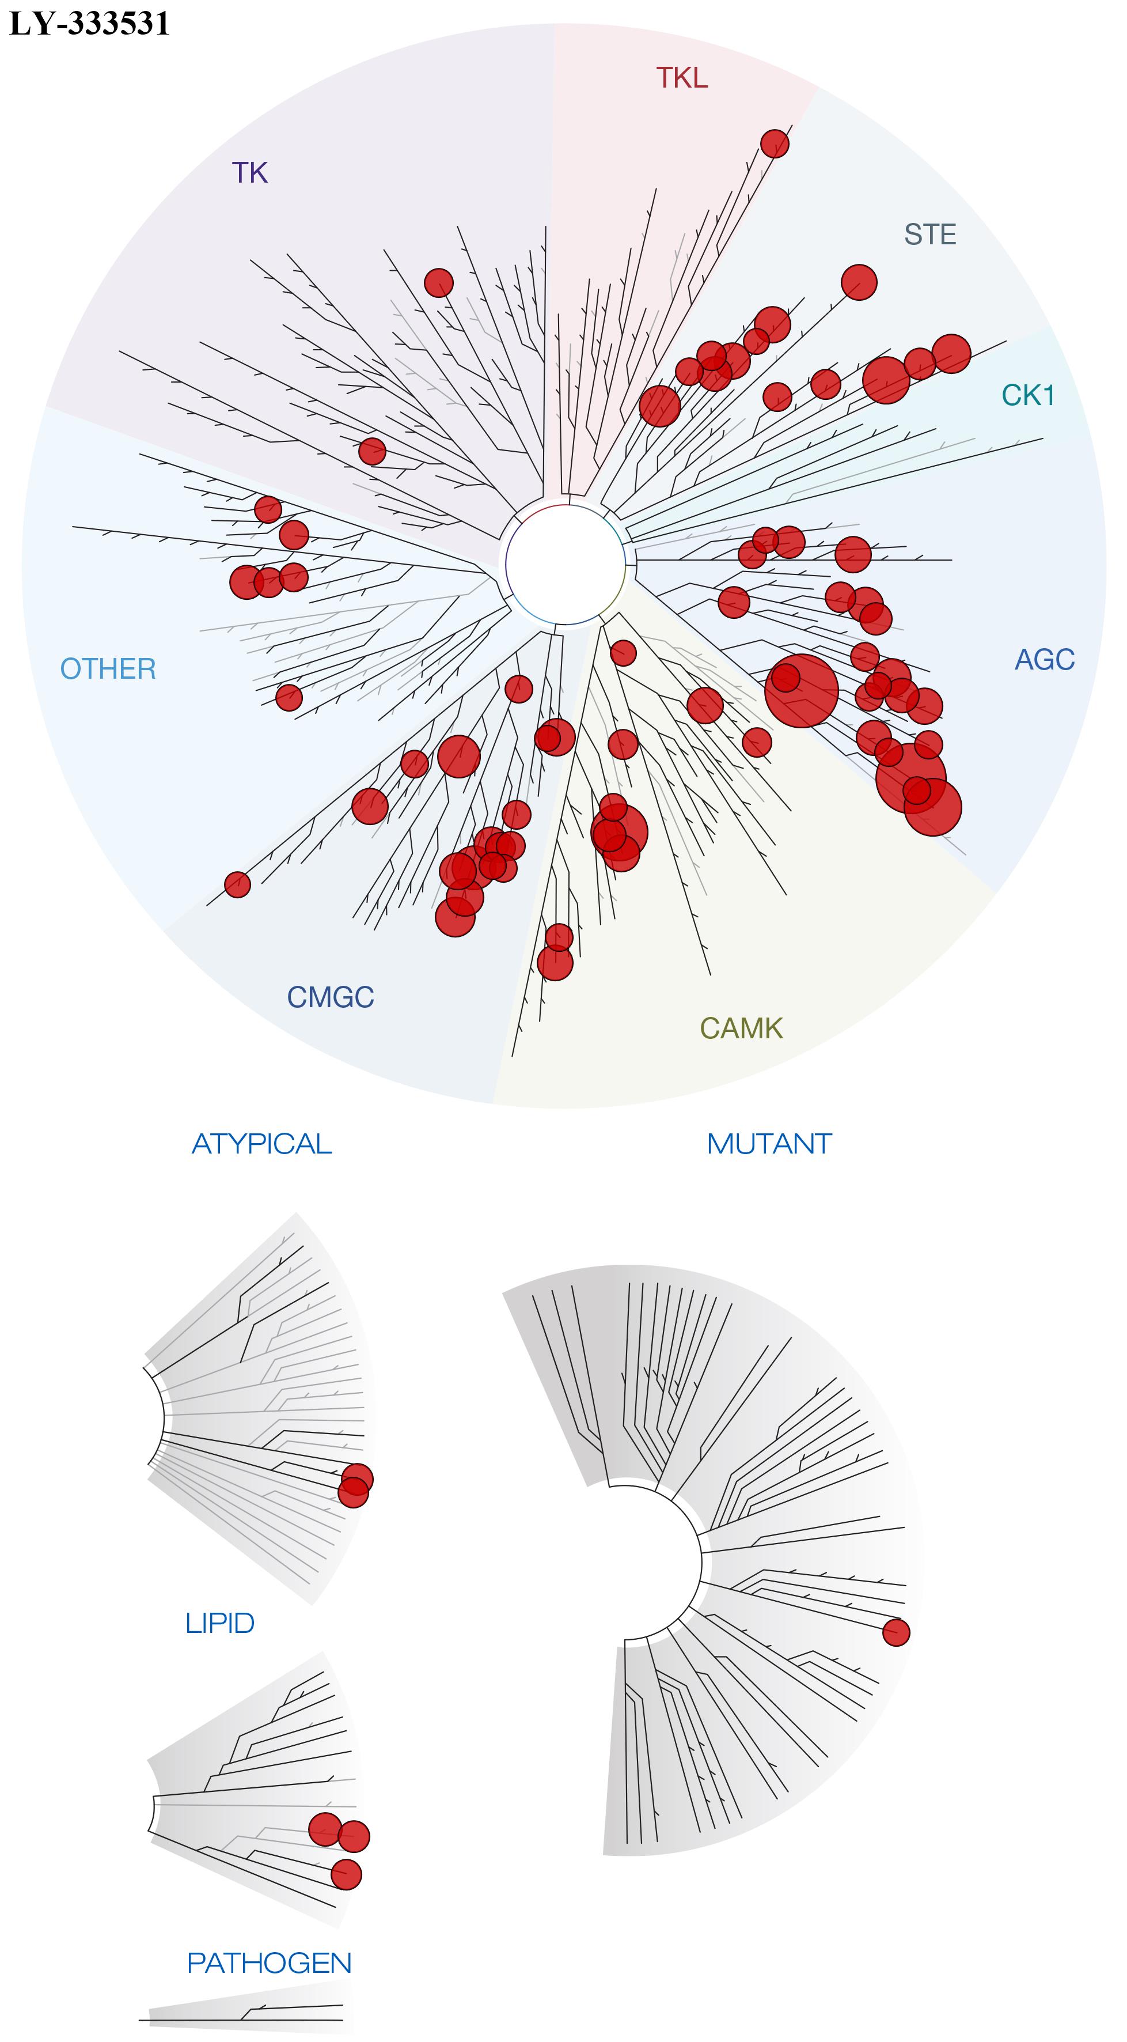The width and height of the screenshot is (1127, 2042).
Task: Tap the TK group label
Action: click(250, 173)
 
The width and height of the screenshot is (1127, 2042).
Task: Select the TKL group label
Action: click(682, 78)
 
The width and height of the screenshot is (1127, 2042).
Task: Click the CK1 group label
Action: click(1028, 395)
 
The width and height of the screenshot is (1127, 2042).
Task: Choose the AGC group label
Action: click(1045, 660)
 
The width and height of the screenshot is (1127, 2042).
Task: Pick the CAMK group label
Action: click(741, 1028)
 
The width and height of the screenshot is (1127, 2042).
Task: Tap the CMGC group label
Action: click(331, 997)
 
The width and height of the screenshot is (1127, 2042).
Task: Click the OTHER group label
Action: click(109, 669)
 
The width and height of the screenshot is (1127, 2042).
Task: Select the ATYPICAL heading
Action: click(261, 1144)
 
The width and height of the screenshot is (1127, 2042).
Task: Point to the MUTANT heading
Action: click(769, 1144)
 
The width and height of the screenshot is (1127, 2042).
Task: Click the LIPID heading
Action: click(219, 1624)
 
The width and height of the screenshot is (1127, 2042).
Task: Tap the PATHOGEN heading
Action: click(269, 1962)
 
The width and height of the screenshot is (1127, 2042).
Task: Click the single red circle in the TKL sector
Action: click(775, 143)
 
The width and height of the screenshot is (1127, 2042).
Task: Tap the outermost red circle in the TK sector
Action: click(438, 282)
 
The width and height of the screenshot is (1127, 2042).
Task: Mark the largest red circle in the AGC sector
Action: click(801, 690)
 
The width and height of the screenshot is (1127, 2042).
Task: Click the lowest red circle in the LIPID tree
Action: click(346, 1875)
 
